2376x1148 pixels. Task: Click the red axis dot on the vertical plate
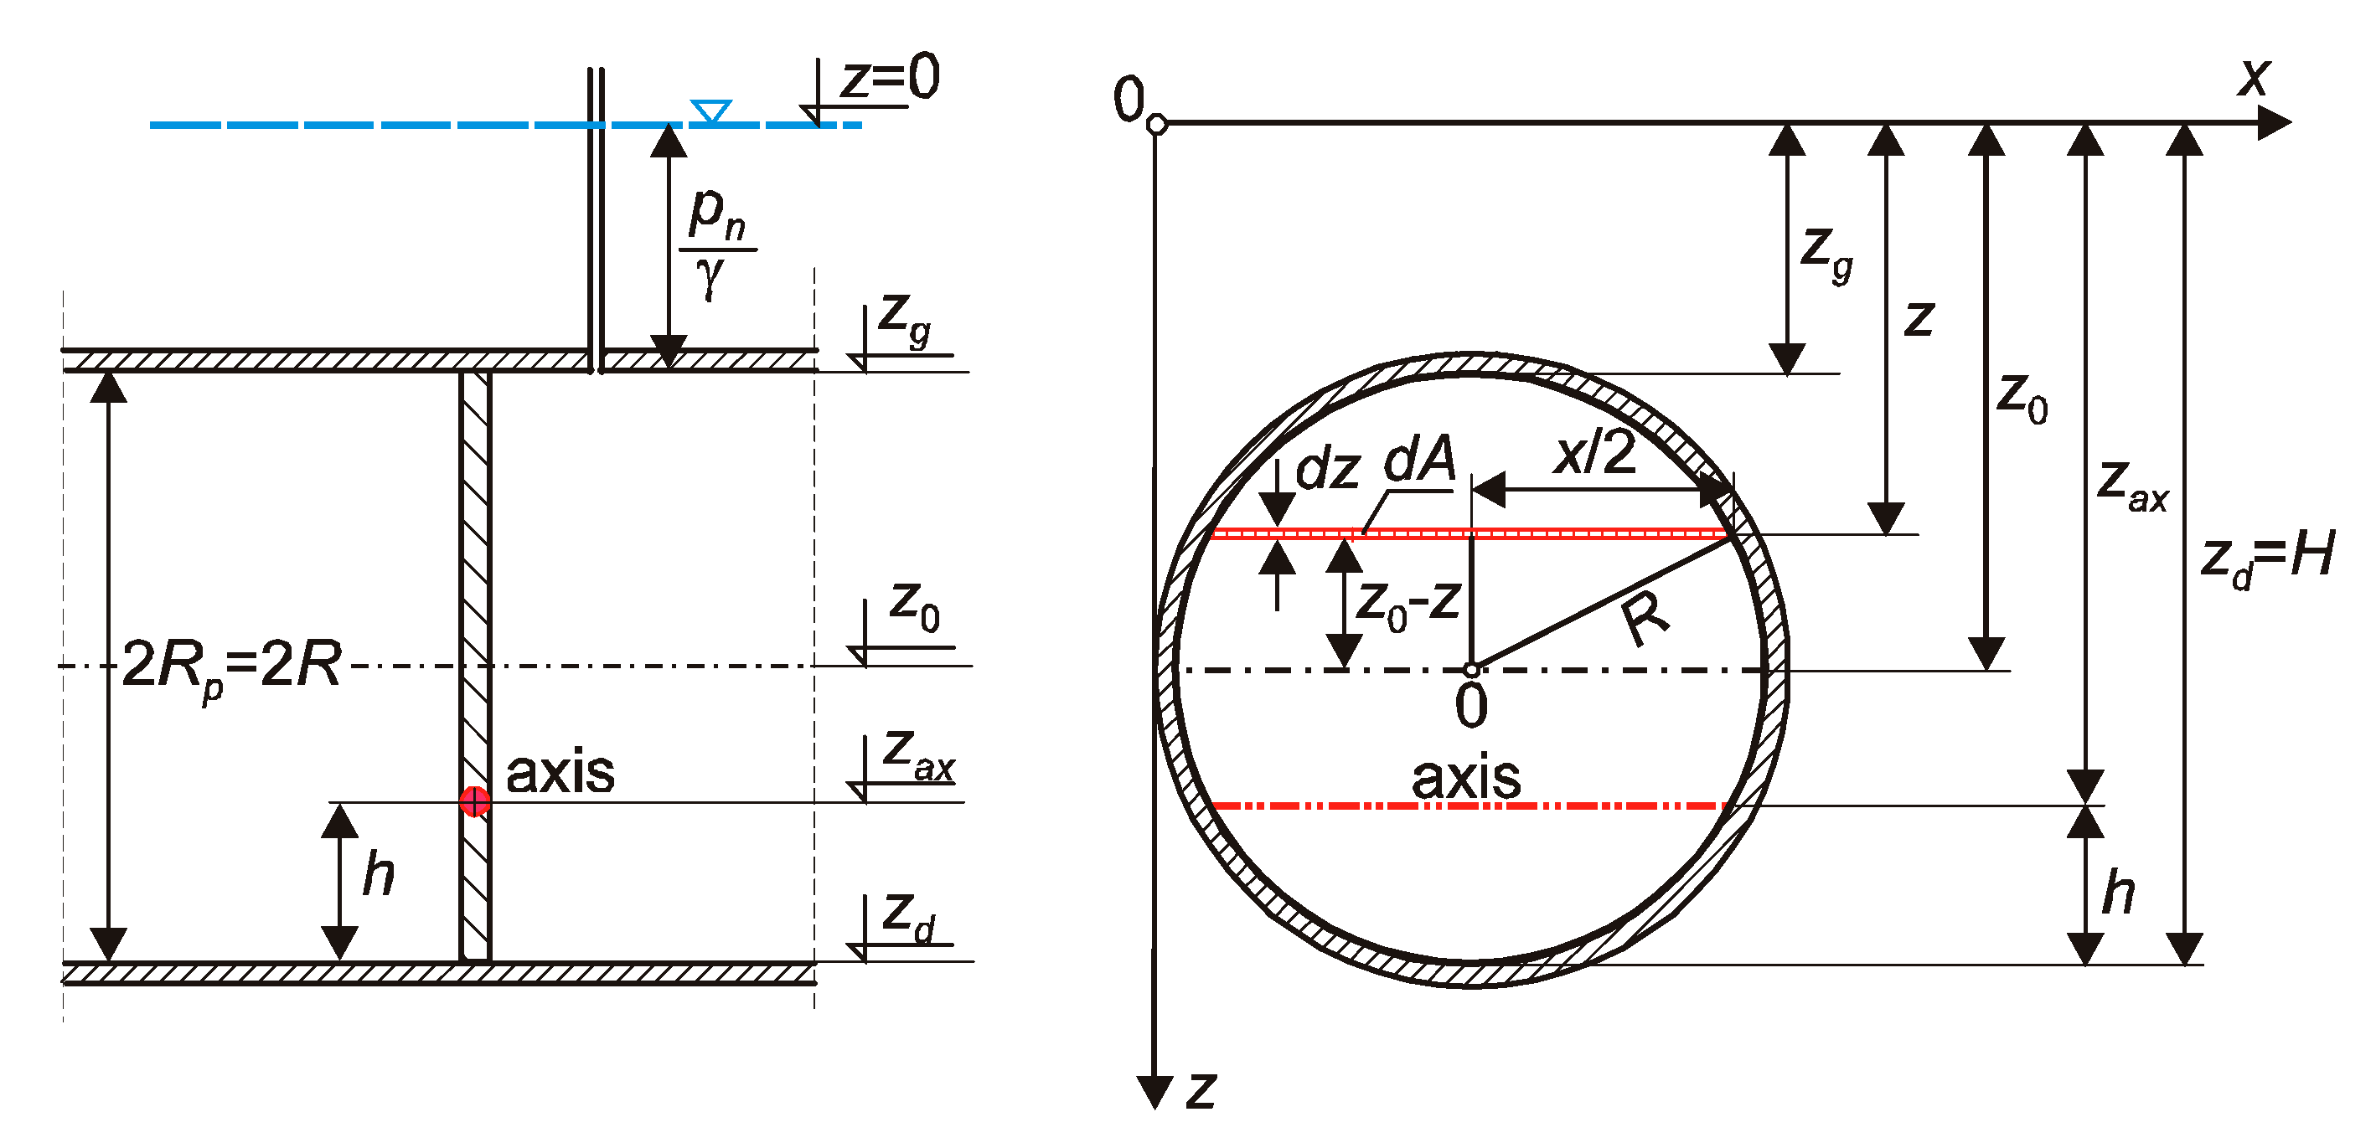click(474, 801)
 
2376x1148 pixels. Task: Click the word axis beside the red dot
click(560, 773)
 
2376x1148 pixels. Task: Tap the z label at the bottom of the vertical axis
click(1201, 1090)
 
